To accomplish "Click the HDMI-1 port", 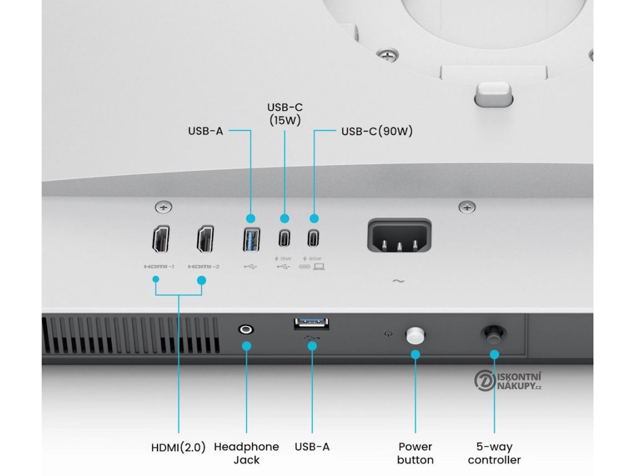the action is pos(161,239).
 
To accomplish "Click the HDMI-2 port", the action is pos(205,239).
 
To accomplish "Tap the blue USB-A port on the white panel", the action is pos(252,240).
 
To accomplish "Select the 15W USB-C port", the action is pos(284,238).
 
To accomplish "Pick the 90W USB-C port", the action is pos(313,238).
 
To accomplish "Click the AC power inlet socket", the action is pos(399,236).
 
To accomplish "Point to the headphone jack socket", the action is pos(246,329).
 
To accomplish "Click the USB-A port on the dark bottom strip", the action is pos(311,324).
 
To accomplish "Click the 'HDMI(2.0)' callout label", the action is pos(179,447).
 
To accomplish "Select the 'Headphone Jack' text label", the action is pos(246,453).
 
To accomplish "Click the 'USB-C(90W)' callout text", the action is pos(377,131).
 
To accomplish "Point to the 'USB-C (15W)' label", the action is pos(285,114).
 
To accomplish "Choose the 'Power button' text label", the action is pos(415,453).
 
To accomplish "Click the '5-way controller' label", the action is pos(494,453).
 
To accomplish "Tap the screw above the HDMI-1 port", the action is pos(163,207).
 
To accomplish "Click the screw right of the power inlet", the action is pos(467,207).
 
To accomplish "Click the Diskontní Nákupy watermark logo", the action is pos(508,381).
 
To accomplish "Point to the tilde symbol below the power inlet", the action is pos(399,281).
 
